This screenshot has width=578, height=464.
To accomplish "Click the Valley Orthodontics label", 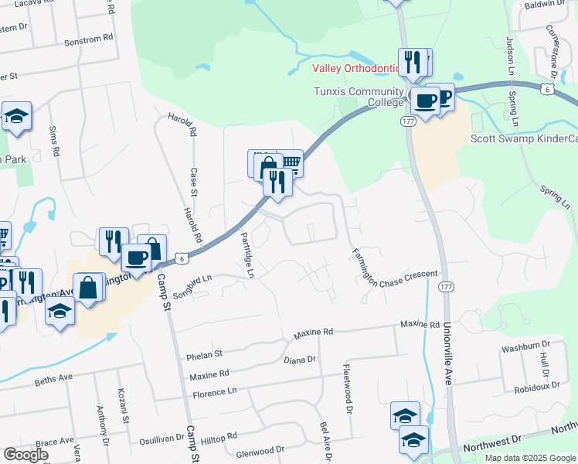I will click(356, 68).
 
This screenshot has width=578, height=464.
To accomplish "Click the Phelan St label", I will click(205, 355).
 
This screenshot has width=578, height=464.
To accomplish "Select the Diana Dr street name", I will click(300, 360).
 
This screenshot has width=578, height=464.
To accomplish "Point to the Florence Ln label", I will click(216, 392).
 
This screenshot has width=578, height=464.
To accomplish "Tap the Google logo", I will click(25, 455).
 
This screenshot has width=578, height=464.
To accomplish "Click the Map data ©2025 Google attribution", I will click(530, 458).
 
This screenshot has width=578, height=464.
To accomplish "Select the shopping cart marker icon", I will click(290, 162).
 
